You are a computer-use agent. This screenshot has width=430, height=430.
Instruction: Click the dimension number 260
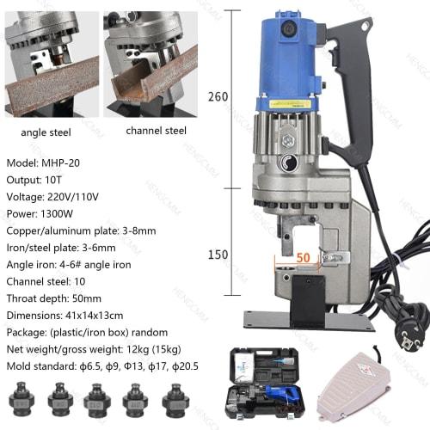point(218,96)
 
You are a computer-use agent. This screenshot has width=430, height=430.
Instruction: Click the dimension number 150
point(218,255)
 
